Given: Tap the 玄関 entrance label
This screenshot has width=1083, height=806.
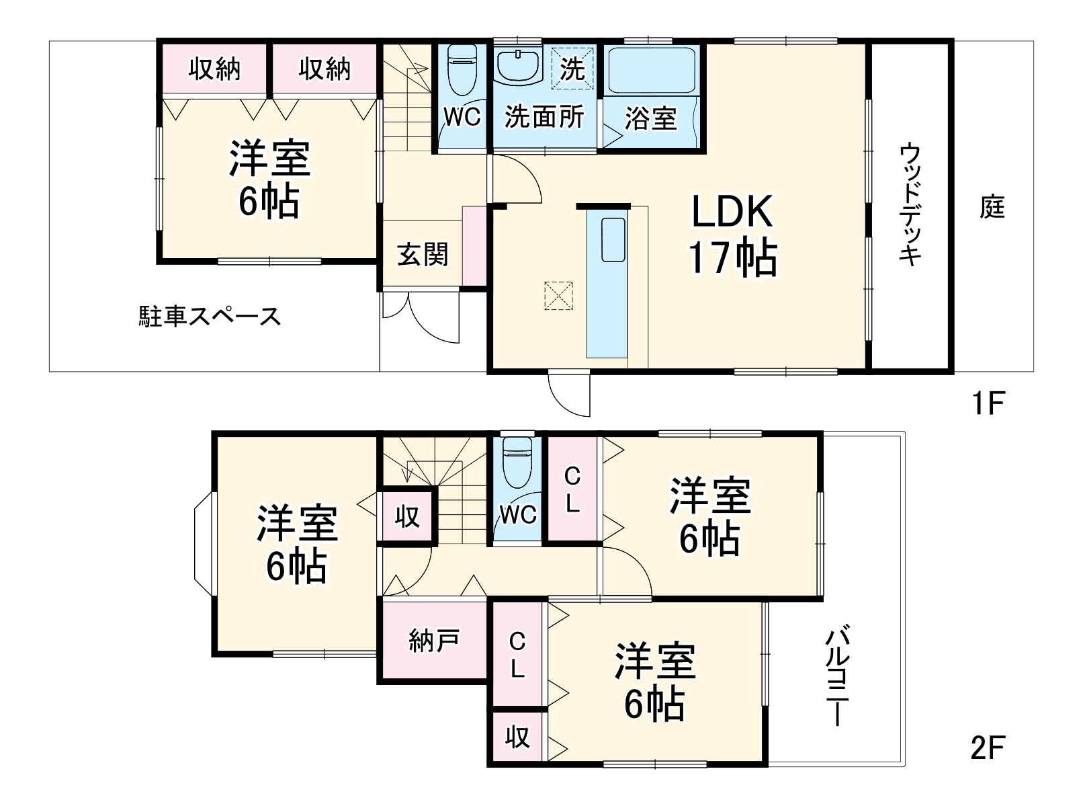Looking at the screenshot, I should [x=422, y=254].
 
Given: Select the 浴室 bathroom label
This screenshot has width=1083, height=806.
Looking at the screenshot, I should [x=650, y=119].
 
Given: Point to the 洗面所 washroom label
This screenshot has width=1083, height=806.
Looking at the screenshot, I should [x=544, y=117].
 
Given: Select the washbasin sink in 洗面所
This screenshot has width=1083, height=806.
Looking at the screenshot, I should [x=519, y=65].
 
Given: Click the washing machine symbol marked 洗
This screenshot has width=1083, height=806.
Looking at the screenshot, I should [x=572, y=68].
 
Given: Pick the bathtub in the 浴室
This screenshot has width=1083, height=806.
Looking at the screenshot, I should [x=651, y=69].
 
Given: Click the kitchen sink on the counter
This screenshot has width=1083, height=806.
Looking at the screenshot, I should [x=613, y=239].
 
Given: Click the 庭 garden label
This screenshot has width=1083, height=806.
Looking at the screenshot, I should [x=992, y=206].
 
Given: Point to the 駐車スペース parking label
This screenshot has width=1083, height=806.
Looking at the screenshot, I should [x=210, y=316].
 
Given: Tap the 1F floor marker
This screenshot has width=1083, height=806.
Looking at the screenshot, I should [x=987, y=403].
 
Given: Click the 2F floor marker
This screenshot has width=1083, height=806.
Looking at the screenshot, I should [x=987, y=748].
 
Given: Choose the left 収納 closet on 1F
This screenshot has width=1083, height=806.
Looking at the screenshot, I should [x=214, y=69].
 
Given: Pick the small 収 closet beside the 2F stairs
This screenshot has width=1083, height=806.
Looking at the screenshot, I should [x=407, y=517].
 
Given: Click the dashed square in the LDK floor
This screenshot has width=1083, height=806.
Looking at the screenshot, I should [x=558, y=296].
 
